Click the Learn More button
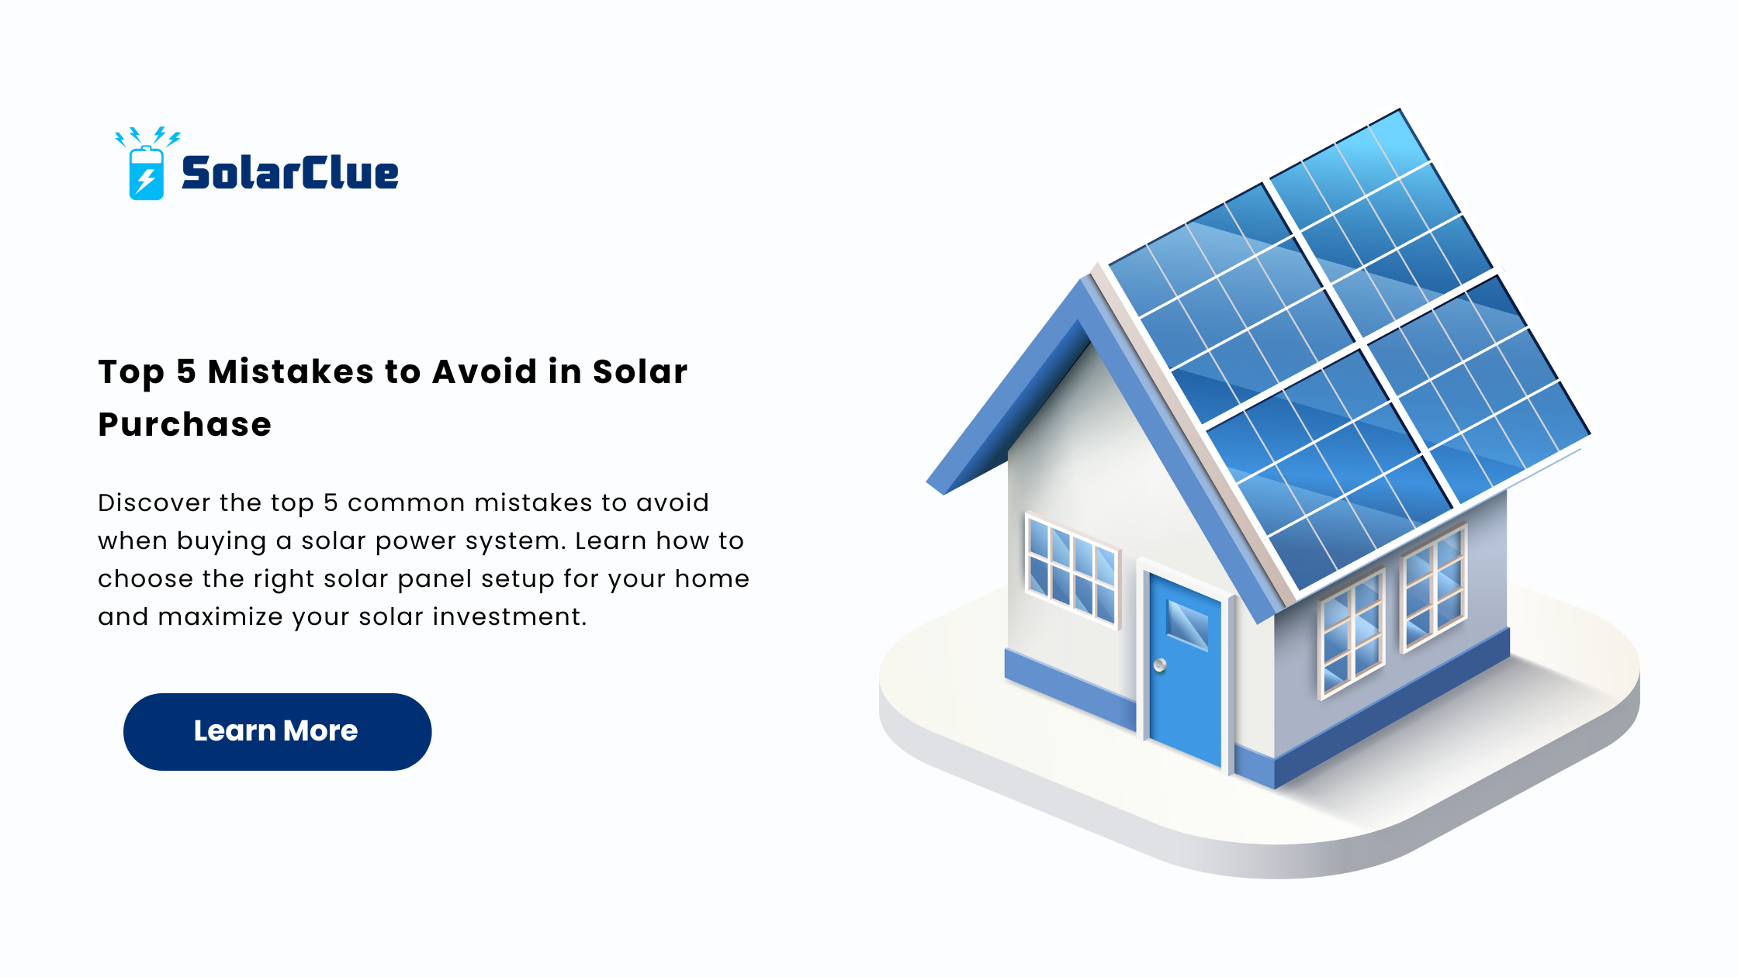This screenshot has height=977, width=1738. (x=277, y=731)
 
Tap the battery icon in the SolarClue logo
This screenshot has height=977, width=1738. (x=146, y=172)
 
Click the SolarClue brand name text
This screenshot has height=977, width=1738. (x=289, y=172)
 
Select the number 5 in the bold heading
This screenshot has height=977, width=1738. (x=186, y=371)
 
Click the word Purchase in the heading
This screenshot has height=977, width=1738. (x=185, y=425)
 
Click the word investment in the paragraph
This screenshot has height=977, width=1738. (x=510, y=616)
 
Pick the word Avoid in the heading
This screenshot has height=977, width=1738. (x=485, y=371)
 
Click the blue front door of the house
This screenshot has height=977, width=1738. (x=1185, y=667)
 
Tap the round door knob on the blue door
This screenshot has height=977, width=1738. (x=1160, y=665)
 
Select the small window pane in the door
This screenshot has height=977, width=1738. (x=1188, y=624)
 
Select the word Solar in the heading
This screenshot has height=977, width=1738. (x=640, y=371)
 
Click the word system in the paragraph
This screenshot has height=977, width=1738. (x=514, y=541)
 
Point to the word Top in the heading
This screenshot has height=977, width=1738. (x=131, y=373)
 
